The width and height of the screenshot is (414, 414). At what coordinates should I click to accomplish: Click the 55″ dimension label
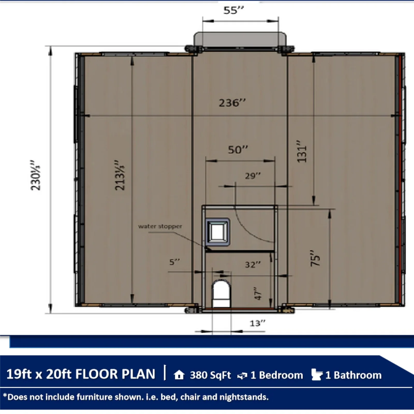(x=234, y=10)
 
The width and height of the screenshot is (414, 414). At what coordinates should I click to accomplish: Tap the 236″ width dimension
(x=232, y=103)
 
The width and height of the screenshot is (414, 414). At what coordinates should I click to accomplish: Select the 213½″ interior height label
(x=120, y=175)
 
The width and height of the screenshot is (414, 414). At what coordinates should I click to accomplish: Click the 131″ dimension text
(x=302, y=152)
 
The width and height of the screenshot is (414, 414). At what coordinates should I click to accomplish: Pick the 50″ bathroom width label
(x=238, y=150)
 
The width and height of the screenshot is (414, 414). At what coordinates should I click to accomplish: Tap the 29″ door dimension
(x=253, y=176)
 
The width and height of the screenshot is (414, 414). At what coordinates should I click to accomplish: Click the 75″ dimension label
(x=315, y=258)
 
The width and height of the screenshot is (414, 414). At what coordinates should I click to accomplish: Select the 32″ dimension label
(x=253, y=265)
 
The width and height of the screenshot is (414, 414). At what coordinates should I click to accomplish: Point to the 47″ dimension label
(x=258, y=293)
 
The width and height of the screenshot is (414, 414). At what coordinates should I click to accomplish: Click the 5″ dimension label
(x=174, y=262)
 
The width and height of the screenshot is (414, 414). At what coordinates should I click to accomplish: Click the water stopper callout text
(x=160, y=226)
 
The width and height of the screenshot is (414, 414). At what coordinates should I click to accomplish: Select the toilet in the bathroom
(x=221, y=294)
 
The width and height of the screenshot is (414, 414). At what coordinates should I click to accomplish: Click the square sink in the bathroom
(x=218, y=232)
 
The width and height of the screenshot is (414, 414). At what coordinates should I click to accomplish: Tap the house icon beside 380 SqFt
(x=179, y=375)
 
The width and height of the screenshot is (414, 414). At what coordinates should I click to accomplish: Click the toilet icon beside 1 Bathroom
(x=317, y=374)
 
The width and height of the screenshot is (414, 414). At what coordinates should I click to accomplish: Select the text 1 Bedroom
(x=277, y=375)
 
